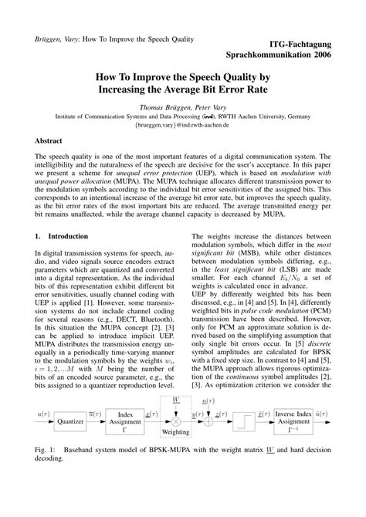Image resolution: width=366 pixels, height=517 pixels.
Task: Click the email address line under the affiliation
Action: (x=181, y=123)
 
